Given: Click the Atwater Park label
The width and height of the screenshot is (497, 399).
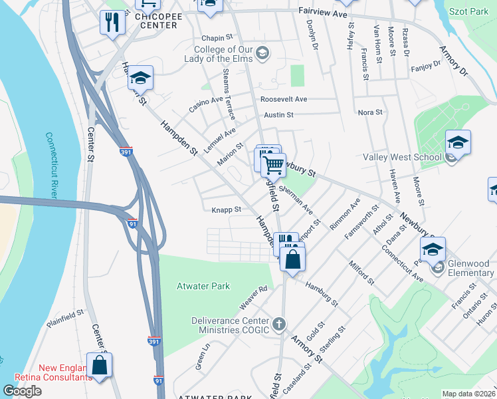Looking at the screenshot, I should pos(203,287).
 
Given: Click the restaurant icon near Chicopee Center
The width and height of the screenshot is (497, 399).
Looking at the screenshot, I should pos(112,23).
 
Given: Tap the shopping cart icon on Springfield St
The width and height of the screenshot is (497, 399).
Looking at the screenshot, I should pos(272,164).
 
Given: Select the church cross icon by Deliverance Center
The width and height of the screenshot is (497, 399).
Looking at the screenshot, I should pos(279,325).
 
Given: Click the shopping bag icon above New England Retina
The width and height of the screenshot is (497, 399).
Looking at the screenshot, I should pos(99,365).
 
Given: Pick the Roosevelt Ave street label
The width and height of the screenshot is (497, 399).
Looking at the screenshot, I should pos(284,99).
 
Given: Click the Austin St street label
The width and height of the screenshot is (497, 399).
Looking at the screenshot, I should pos(279,115).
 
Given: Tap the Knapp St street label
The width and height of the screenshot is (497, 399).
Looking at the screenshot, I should pos(226,209).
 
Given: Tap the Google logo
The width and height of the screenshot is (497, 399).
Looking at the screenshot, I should pos(22,391).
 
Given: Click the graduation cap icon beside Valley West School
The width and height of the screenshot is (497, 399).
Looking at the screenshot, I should pos(458,143).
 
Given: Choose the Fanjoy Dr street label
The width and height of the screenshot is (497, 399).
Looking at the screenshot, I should pos(426,66).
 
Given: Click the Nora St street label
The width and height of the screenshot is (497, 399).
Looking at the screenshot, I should pos(370,112).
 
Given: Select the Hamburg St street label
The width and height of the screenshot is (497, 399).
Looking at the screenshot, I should pos(322,293).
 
